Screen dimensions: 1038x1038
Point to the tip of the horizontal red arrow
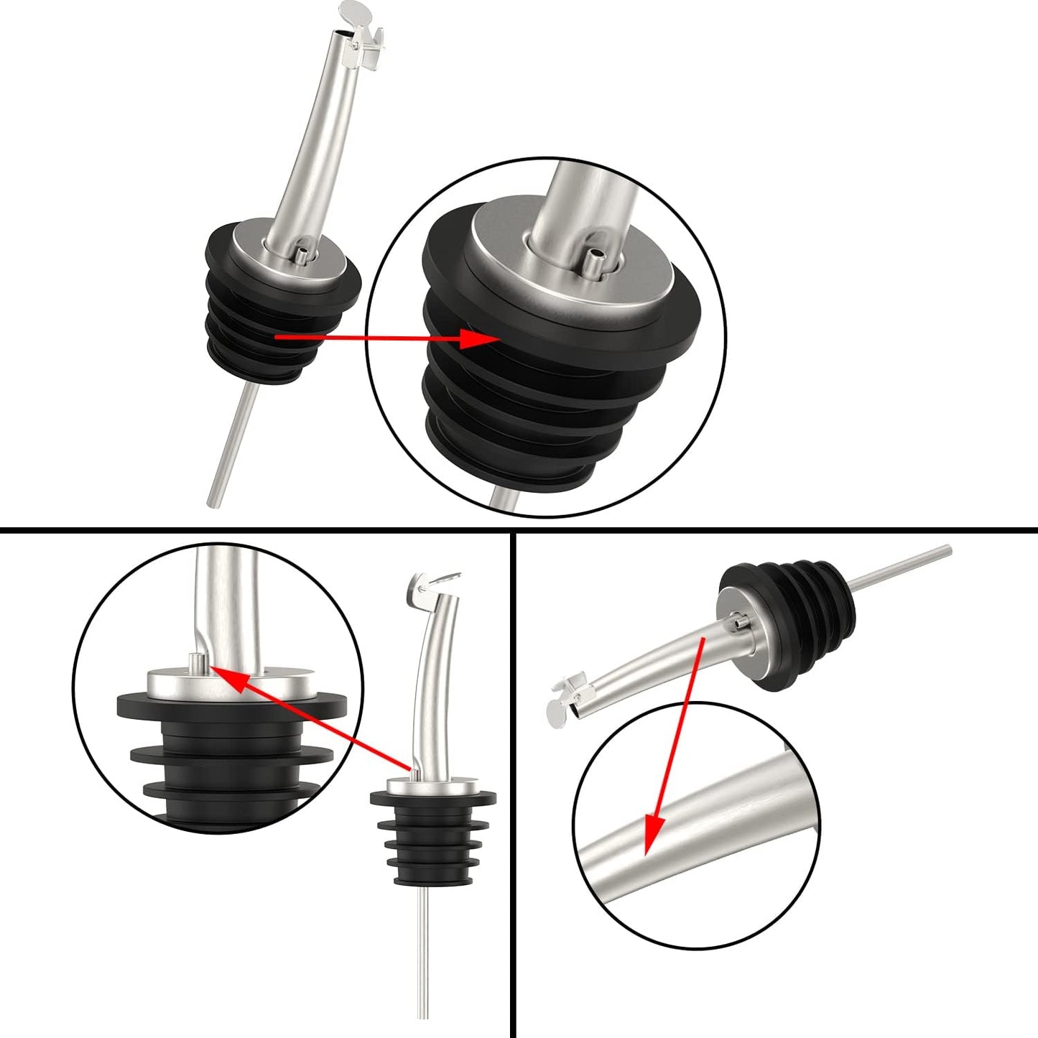click(496, 336)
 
